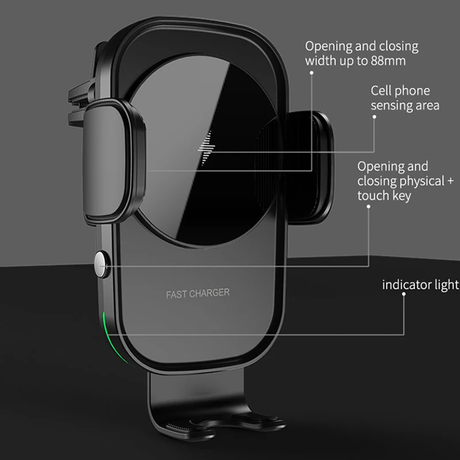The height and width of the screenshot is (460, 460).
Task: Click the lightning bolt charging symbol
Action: click(206, 148)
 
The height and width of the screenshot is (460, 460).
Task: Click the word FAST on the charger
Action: click(176, 294)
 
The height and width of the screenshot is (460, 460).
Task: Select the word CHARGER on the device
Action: click(209, 293)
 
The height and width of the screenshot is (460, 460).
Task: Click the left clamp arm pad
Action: click(113, 162)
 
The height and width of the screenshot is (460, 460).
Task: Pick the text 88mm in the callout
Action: click(388, 61)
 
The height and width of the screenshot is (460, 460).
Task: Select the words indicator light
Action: click(420, 285)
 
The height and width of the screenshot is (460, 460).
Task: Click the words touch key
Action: click(384, 195)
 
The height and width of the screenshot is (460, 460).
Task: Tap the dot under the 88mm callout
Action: click(312, 73)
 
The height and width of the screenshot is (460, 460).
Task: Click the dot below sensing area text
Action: click(374, 117)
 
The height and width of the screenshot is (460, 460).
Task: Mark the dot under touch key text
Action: click(369, 206)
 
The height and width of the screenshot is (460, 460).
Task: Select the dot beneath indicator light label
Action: click(404, 294)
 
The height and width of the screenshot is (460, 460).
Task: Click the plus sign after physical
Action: click(451, 181)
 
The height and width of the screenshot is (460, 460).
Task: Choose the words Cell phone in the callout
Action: click(400, 91)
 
